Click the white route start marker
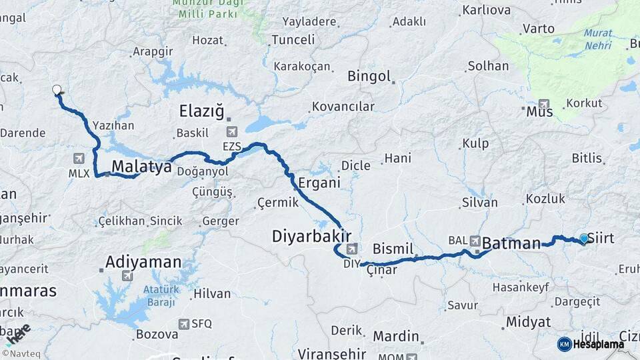point(57,89)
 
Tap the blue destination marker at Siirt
point(584,239)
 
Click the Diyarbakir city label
point(311,236)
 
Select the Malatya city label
point(141,167)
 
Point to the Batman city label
point(511,243)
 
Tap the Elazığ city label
point(201,111)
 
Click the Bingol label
point(369,76)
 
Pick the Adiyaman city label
point(143,261)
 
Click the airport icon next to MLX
point(79,158)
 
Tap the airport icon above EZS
point(232,131)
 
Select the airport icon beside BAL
point(475,240)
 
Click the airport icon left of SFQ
point(183,324)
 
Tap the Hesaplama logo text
point(599,344)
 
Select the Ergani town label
point(319,183)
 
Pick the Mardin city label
point(395,337)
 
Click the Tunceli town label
point(293,40)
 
